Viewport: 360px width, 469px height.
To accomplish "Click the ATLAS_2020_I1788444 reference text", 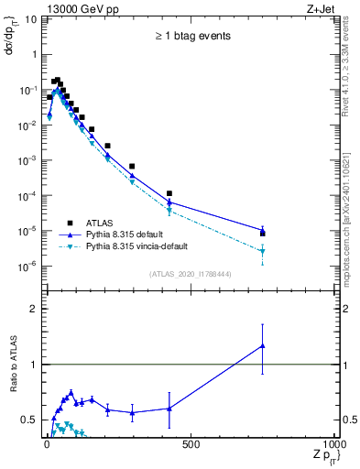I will pos(191,274).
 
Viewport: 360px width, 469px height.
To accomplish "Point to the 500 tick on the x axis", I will pos(191,444).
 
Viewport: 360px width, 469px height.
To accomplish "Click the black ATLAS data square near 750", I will pos(263,234).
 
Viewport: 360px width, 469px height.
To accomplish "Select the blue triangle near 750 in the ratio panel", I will pos(263,346).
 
